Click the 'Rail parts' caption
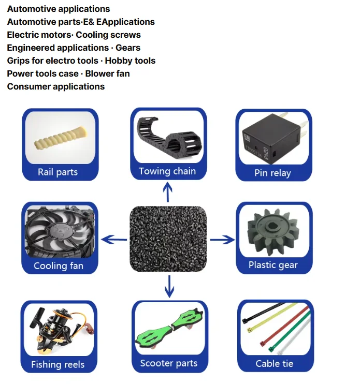click(57, 172)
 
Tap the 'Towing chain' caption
click(167, 171)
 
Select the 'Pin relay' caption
click(272, 173)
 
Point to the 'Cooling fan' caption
click(58, 266)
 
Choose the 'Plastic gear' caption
click(273, 265)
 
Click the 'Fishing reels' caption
click(57, 364)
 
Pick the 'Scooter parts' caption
click(169, 363)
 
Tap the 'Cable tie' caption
click(275, 363)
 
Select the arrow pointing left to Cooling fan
click(114, 239)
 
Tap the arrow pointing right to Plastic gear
click(222, 239)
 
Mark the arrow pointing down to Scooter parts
click(169, 286)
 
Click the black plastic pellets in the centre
click(168, 239)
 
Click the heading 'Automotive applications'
click(59, 9)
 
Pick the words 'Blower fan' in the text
click(107, 73)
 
